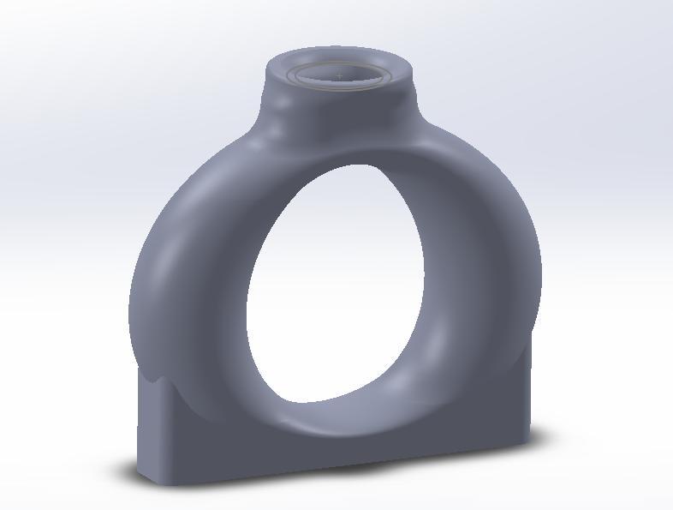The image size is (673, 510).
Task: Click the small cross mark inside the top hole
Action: pos(340,76)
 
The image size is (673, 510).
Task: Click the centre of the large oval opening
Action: pos(336,283)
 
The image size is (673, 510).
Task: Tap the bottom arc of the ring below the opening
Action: pos(342,420)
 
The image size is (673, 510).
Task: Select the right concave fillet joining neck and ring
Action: pos(424,120)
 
